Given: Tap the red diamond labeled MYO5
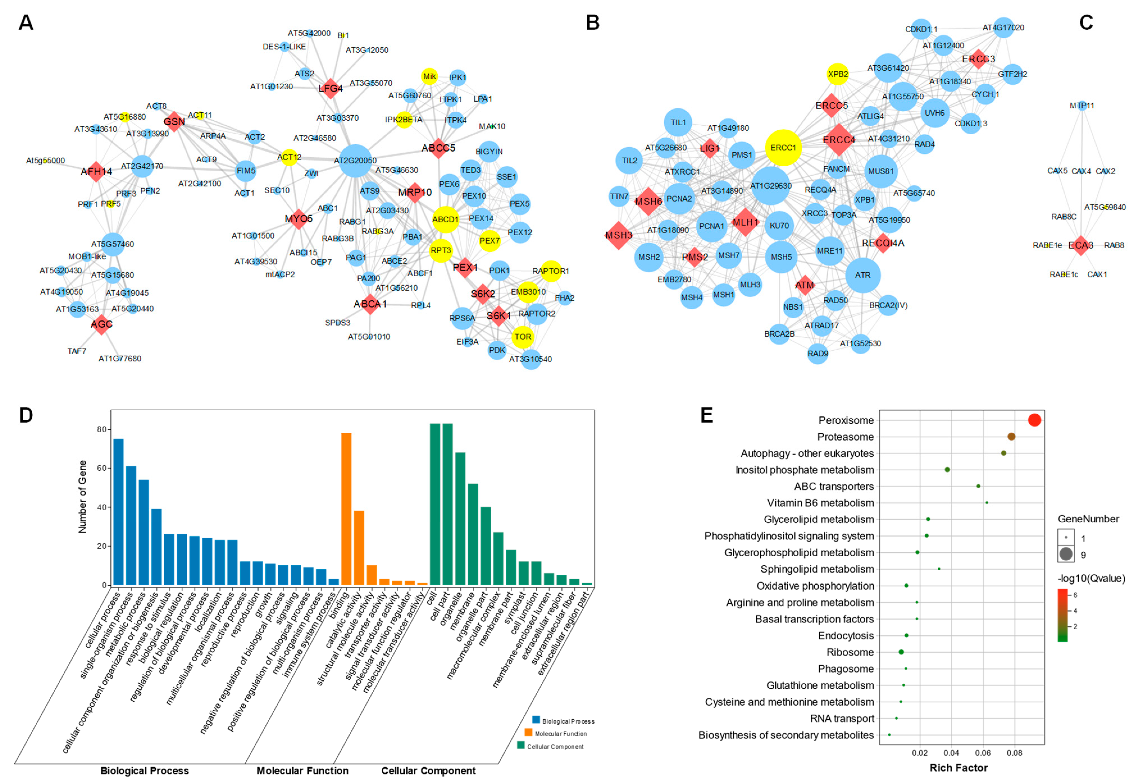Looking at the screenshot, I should (x=298, y=218).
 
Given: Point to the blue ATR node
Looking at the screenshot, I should (x=863, y=275).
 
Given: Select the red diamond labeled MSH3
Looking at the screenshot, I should (x=619, y=235).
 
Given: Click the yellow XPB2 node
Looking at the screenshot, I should (x=838, y=74).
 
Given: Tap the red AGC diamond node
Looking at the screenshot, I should (x=101, y=324).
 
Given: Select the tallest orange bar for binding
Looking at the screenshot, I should (x=346, y=509).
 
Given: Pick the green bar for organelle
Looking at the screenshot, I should (x=460, y=518).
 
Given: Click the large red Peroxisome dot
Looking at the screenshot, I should (x=1034, y=420).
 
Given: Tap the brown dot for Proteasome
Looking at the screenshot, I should (x=1011, y=437).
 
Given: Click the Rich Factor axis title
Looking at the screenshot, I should (x=958, y=768).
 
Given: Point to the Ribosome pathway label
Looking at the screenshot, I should (x=850, y=652).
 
